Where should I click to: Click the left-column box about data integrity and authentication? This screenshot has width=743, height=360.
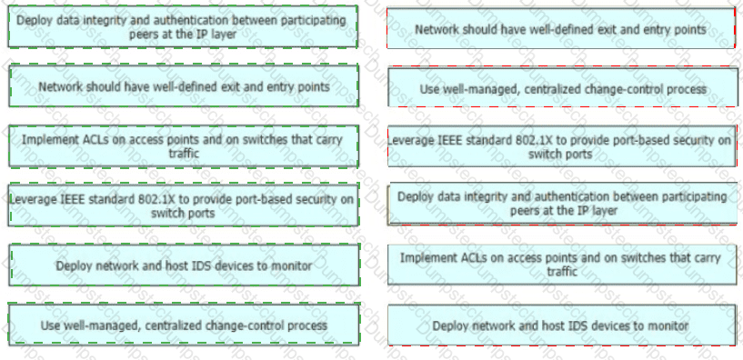point(183,27)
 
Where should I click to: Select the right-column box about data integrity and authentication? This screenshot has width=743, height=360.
point(562,204)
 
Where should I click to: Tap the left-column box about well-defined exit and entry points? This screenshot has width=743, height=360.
point(184,86)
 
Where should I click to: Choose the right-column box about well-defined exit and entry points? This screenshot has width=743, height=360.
point(560,28)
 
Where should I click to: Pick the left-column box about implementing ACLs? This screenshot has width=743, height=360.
point(184,146)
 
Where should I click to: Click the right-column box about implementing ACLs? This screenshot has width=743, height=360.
point(562,265)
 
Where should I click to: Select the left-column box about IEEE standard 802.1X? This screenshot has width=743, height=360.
point(184,205)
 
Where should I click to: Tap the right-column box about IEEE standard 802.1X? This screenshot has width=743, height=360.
point(562,146)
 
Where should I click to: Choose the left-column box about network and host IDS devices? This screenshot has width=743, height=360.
point(184,265)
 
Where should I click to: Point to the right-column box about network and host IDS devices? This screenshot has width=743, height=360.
point(562,325)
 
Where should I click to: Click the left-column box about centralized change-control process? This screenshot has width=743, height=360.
point(184,325)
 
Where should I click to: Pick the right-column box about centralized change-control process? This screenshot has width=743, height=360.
point(563,87)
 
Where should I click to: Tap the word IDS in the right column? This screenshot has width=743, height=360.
point(584,325)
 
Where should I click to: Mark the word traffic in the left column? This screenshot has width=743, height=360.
point(184,154)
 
